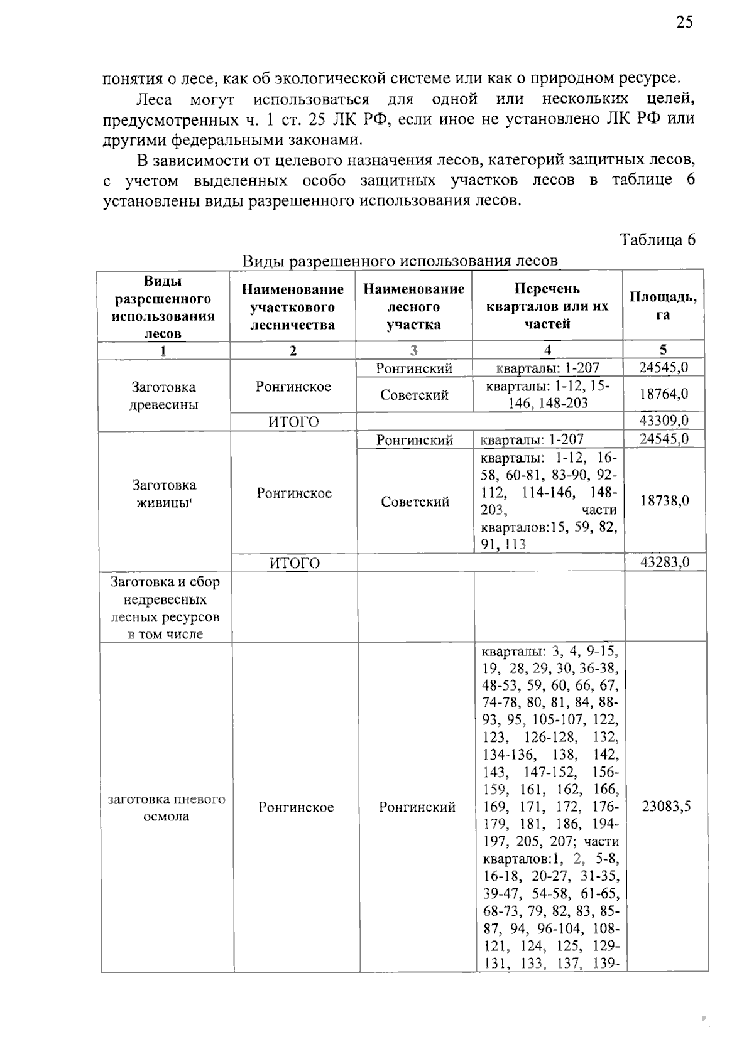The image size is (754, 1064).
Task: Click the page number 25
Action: click(x=684, y=23)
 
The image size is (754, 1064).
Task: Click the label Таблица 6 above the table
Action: click(x=657, y=240)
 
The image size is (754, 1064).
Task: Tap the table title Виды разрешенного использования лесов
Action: click(x=400, y=261)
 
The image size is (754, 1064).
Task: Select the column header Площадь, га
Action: click(x=663, y=306)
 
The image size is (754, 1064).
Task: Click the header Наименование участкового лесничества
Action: click(x=293, y=307)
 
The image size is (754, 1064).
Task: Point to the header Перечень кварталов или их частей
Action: click(x=547, y=306)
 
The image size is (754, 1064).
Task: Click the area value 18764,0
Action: click(x=664, y=394)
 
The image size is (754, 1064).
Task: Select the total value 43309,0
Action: click(x=664, y=421)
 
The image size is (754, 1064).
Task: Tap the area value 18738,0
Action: click(x=665, y=500)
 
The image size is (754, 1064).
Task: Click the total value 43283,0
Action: click(x=665, y=562)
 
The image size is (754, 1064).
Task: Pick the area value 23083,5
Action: click(x=666, y=807)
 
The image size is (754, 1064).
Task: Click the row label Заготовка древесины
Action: click(x=163, y=395)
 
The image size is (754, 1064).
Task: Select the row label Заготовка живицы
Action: click(x=164, y=493)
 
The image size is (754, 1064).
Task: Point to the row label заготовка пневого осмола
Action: click(x=167, y=808)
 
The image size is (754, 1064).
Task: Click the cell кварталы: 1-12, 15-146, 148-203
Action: click(x=547, y=394)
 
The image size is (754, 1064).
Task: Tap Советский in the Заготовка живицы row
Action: click(x=415, y=502)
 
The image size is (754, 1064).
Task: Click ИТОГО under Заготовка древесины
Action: click(x=293, y=422)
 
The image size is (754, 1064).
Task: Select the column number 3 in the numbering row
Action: click(x=413, y=350)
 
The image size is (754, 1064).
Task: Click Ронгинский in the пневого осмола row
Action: click(x=417, y=807)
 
